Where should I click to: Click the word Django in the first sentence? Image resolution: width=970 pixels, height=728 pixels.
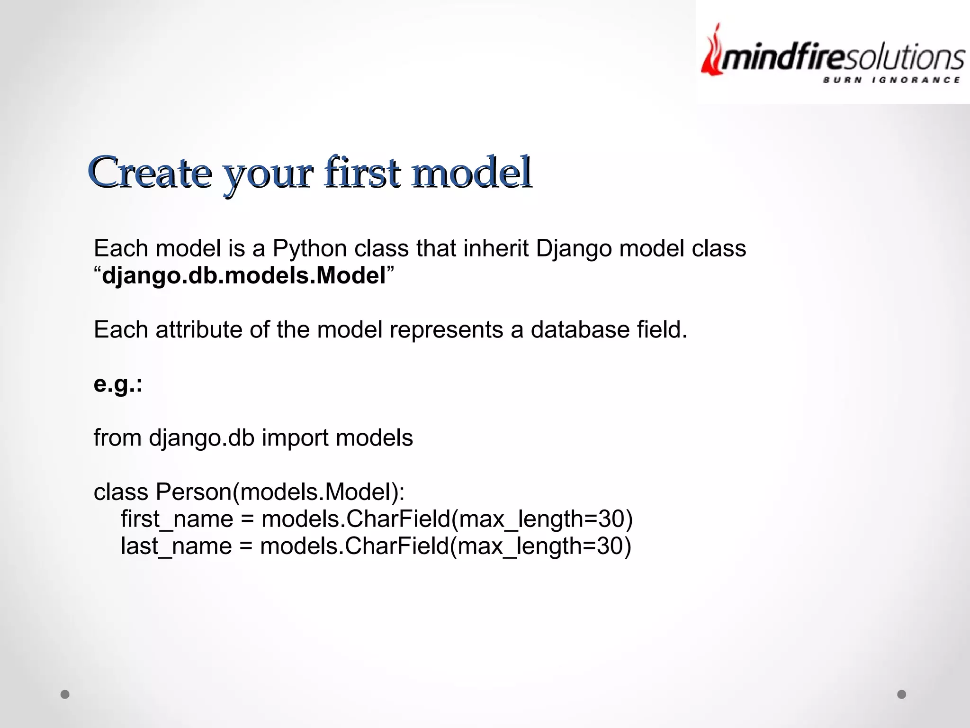574,249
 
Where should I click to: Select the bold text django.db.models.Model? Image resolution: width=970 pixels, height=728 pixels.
244,275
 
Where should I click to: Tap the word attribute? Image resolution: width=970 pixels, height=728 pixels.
198,329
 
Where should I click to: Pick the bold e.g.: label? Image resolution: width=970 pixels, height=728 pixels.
118,384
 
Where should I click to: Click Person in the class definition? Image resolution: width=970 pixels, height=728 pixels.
193,492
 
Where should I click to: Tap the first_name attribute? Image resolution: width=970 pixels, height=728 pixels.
177,519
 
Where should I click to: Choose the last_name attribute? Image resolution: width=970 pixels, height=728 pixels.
176,546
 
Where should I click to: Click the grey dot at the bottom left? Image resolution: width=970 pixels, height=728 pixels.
65,694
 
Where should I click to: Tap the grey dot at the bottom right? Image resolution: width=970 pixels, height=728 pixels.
902,694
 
